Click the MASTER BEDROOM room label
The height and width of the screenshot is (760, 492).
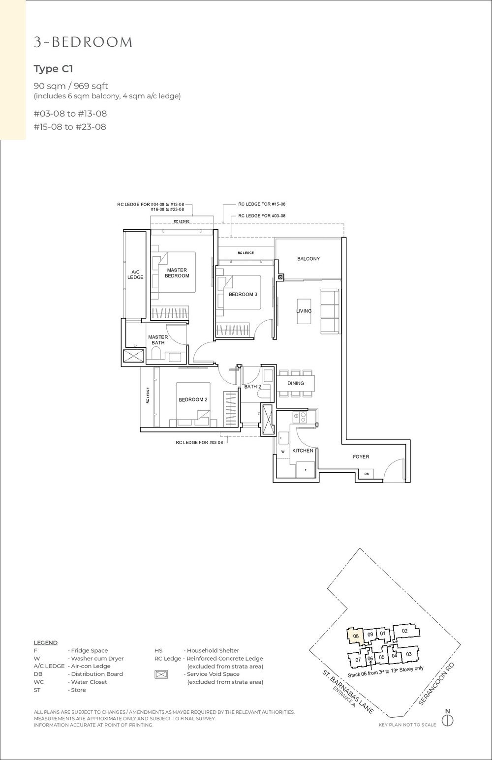(x=178, y=273)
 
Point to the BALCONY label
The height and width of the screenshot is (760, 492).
(x=308, y=259)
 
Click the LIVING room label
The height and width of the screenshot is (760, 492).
(x=304, y=311)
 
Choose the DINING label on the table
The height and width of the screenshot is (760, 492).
(x=296, y=383)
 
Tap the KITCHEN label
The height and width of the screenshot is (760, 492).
(x=303, y=451)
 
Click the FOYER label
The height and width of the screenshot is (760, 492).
(x=361, y=457)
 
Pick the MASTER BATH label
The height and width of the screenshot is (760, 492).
(x=158, y=340)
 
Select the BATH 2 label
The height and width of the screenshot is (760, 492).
(x=252, y=387)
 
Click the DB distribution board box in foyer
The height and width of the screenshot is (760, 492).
(x=367, y=474)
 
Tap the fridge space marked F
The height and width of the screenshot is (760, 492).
(x=305, y=470)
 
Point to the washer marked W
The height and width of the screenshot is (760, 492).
(x=283, y=451)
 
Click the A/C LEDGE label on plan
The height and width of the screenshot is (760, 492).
(x=136, y=274)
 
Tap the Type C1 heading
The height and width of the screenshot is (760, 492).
(x=53, y=68)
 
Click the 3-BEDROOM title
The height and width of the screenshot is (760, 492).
(x=83, y=43)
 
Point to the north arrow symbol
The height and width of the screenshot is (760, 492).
(x=447, y=720)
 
